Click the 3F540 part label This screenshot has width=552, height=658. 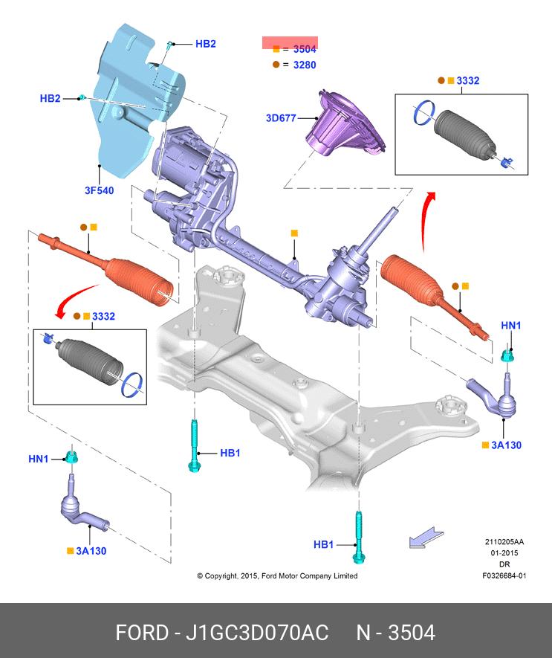(x=99, y=191)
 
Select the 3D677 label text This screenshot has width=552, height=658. (x=280, y=117)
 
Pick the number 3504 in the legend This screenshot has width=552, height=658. (x=305, y=49)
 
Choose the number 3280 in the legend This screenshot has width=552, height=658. (x=305, y=65)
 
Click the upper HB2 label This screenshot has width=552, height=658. (x=205, y=44)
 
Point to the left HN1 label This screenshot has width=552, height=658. (x=39, y=459)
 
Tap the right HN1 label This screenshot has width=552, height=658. (x=511, y=325)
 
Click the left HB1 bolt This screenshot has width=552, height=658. (x=194, y=446)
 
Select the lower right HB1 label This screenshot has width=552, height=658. (x=323, y=545)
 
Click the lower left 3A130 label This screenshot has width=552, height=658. (x=91, y=551)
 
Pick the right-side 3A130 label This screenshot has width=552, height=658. (x=507, y=445)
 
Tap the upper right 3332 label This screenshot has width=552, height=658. (x=467, y=80)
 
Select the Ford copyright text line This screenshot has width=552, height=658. (x=277, y=576)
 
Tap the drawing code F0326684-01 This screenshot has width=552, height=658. (x=504, y=575)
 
